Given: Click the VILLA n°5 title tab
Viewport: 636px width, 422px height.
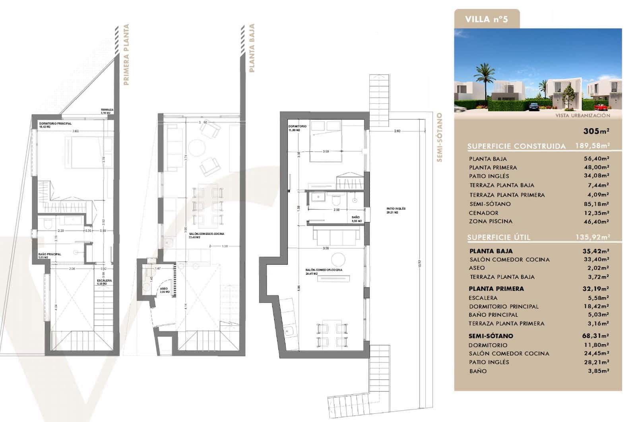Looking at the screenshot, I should [486, 19].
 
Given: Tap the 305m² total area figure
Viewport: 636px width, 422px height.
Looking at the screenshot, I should [596, 131].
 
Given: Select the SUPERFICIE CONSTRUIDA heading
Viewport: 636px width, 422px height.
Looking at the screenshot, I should [516, 146].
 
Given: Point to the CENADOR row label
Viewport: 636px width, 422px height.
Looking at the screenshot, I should [483, 213].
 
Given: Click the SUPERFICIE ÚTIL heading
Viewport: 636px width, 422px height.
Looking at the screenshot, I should [498, 238].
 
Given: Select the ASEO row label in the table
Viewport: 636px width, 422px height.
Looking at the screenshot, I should [477, 268].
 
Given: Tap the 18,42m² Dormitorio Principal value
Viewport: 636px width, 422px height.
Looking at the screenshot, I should [596, 306].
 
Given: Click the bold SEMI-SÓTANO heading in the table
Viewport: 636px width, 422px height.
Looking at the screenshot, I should [491, 336].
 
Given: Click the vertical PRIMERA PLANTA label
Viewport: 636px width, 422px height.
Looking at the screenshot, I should [126, 54].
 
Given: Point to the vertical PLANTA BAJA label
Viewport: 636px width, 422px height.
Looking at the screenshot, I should [251, 48].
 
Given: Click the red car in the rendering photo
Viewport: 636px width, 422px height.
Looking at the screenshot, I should [600, 107].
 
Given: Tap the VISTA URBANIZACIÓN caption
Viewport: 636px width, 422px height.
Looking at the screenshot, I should [582, 115].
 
